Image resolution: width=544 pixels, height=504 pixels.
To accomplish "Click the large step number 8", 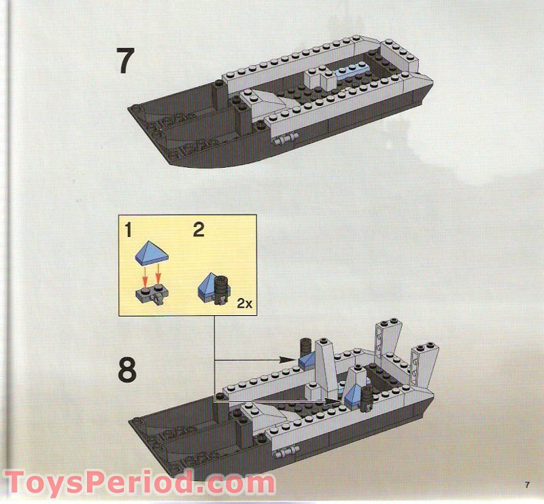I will click(x=126, y=372).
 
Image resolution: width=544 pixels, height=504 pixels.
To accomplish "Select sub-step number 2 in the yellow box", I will click(x=198, y=230).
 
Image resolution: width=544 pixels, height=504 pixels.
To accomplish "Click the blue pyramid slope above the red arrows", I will click(x=151, y=255).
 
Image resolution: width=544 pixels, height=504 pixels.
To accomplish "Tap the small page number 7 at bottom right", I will click(x=526, y=484).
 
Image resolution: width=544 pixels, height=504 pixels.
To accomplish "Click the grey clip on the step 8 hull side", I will click(x=286, y=450).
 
